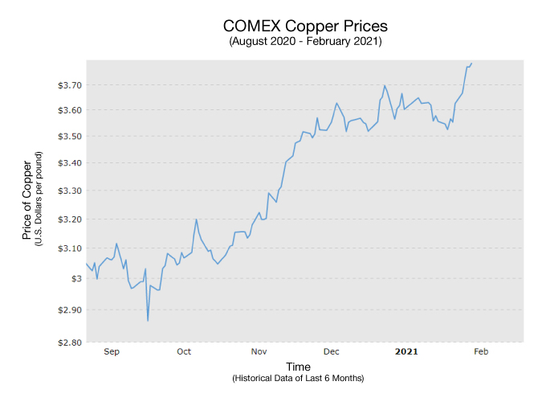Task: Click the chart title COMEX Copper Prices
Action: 305,26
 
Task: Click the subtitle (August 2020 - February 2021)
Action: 305,41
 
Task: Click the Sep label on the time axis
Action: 112,351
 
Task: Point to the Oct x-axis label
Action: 184,351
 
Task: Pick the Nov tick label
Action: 259,351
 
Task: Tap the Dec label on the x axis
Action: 331,351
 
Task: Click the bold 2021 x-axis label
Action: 405,351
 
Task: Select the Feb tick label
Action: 480,351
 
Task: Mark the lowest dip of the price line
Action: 148,321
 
